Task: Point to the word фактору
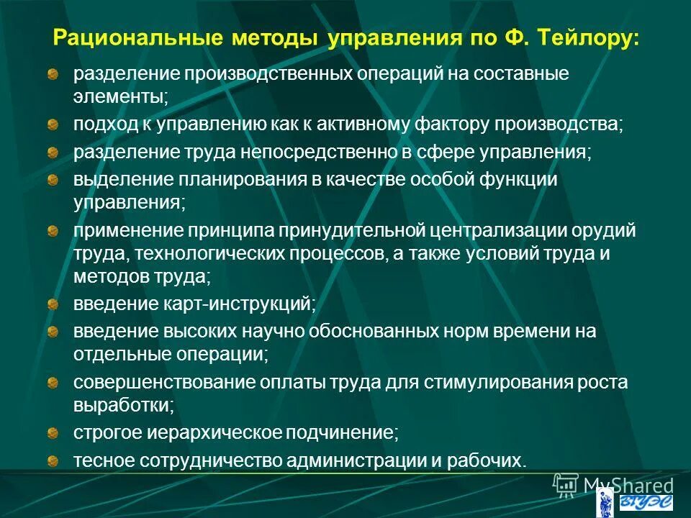457,124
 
